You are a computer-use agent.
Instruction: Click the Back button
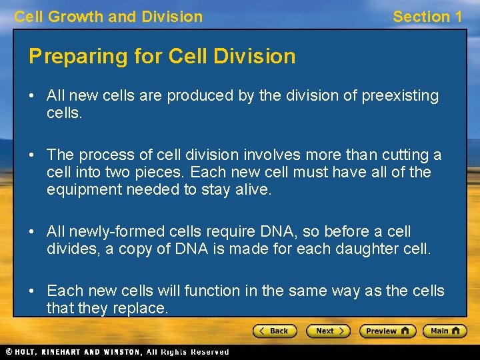274,331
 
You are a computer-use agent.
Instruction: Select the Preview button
387,331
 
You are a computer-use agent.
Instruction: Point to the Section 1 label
427,17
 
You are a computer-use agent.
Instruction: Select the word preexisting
400,96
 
